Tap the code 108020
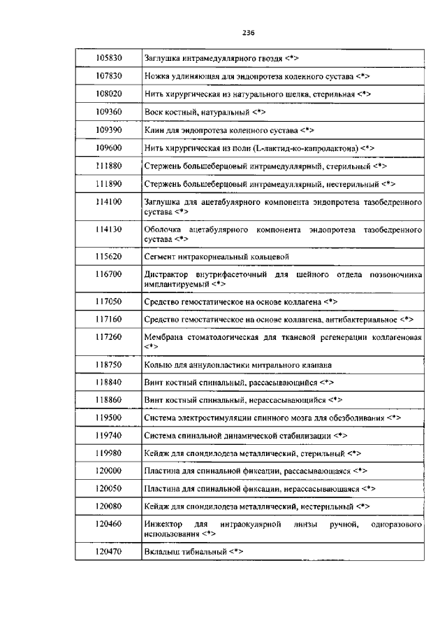(108, 93)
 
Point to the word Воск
(153, 112)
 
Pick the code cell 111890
(108, 184)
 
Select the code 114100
(108, 201)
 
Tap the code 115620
(108, 257)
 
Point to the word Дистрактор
(166, 275)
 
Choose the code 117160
(108, 320)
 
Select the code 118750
(108, 365)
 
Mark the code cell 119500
(108, 418)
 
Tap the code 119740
(108, 435)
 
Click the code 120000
(108, 471)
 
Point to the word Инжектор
(163, 524)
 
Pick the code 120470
(108, 553)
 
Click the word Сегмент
(159, 257)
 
